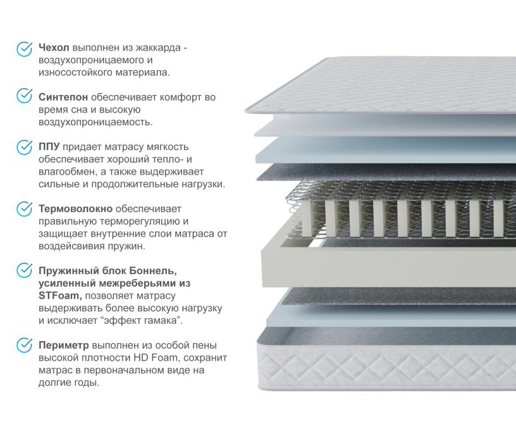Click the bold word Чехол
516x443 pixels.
[x=54, y=47]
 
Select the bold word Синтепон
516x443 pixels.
[x=63, y=97]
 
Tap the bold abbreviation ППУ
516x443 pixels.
[x=49, y=147]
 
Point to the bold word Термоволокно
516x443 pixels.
[x=76, y=208]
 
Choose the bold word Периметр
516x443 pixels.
[x=64, y=346]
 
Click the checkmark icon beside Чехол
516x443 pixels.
[x=24, y=49]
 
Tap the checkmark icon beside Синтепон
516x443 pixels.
[x=24, y=96]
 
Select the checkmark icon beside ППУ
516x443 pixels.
[x=24, y=146]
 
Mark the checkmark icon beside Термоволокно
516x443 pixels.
[x=24, y=208]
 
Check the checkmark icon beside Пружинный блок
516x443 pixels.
[x=24, y=270]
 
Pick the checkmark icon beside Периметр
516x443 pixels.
[x=24, y=345]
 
